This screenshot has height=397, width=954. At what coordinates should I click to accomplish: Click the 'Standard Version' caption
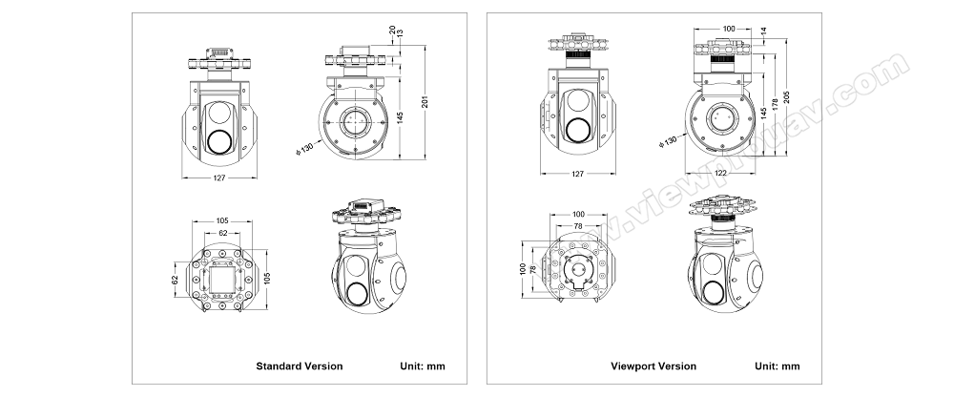pos(299,366)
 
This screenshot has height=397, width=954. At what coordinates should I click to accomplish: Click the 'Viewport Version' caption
pos(653,366)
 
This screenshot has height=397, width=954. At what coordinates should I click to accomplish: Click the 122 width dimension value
pos(720,172)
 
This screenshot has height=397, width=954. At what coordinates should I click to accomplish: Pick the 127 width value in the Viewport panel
pos(577,173)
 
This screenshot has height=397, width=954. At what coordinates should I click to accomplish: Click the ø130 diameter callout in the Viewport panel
pos(668,141)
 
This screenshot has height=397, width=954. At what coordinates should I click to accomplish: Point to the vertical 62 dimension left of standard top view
pos(175,281)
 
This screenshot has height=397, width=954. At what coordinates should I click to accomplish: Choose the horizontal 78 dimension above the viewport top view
pos(578,224)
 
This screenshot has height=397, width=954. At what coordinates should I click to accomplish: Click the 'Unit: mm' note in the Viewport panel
pos(778,366)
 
